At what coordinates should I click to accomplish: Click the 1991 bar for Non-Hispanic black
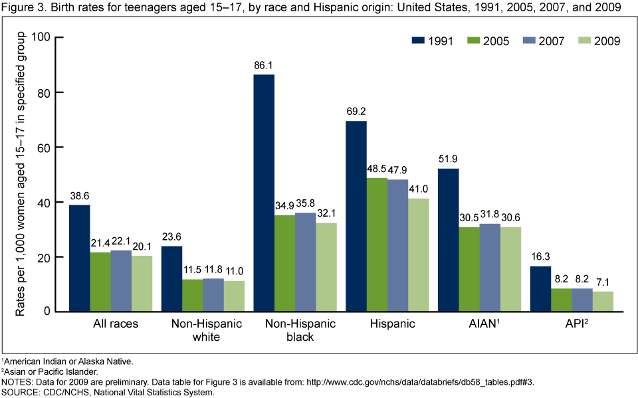pos(263,193)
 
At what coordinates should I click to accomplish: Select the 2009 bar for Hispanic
pos(419,254)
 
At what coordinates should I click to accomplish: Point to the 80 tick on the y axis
pos(45,92)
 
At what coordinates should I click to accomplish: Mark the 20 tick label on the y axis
pos(45,257)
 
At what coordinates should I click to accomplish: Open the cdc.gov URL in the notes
pos(411,383)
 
